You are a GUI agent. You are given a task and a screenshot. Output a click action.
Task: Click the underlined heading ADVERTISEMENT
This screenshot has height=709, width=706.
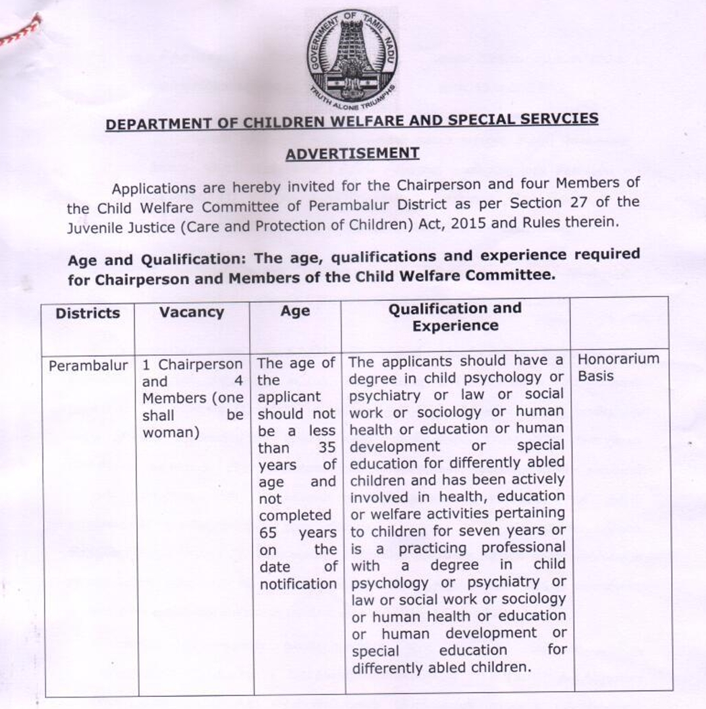pyautogui.click(x=352, y=153)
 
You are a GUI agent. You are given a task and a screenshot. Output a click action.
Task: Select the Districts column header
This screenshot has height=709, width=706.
pyautogui.click(x=88, y=313)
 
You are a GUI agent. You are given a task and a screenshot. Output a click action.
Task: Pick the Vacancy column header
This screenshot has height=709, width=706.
pyautogui.click(x=191, y=312)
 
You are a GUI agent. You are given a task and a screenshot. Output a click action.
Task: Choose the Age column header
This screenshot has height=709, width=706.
pyautogui.click(x=295, y=312)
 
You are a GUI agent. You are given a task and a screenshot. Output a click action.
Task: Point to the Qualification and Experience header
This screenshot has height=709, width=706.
pyautogui.click(x=455, y=317)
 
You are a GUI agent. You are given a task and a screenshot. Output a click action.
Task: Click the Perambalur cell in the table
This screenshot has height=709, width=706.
pyautogui.click(x=88, y=366)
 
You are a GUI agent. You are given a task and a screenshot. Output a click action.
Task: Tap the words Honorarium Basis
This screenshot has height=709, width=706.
pyautogui.click(x=618, y=368)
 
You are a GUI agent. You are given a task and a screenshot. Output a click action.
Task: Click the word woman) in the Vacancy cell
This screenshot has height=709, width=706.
pyautogui.click(x=171, y=432)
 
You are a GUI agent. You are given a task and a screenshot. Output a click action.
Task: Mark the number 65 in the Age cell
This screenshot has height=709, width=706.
pyautogui.click(x=268, y=533)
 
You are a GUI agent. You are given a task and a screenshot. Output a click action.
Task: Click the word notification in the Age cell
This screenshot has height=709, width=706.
pyautogui.click(x=298, y=584)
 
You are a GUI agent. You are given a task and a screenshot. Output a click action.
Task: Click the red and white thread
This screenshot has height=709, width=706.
pyautogui.click(x=20, y=33)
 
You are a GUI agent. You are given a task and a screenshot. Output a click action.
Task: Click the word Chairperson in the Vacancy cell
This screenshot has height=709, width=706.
pyautogui.click(x=200, y=364)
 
